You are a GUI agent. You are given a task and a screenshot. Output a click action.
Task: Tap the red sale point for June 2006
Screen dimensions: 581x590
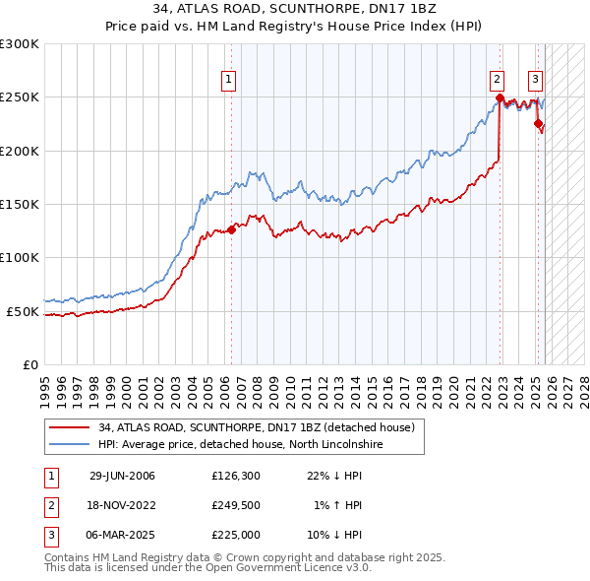(x=232, y=229)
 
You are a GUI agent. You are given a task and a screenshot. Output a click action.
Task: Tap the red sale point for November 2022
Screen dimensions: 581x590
(x=500, y=97)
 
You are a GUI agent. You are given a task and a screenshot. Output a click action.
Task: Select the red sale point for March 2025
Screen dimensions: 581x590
(x=538, y=123)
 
